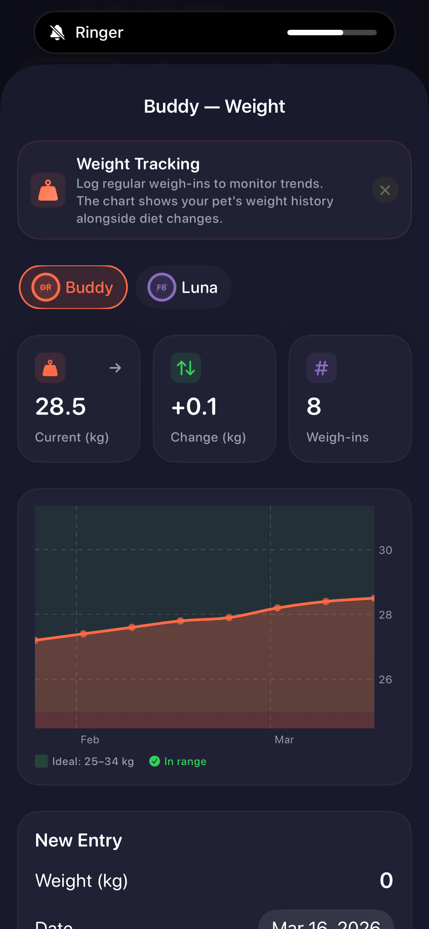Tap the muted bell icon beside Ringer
pyautogui.click(x=57, y=33)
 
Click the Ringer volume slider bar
pyautogui.click(x=331, y=33)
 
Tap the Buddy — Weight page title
pyautogui.click(x=214, y=106)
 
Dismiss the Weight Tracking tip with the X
pyautogui.click(x=385, y=190)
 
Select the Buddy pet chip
pyautogui.click(x=74, y=287)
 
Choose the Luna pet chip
pyautogui.click(x=184, y=287)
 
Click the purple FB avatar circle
pyautogui.click(x=162, y=287)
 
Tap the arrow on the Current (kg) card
pyautogui.click(x=115, y=368)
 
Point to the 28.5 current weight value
pyautogui.click(x=60, y=406)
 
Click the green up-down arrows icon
pyautogui.click(x=186, y=368)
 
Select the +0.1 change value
pyautogui.click(x=194, y=406)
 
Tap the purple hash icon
pyautogui.click(x=321, y=368)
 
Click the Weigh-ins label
pyautogui.click(x=337, y=437)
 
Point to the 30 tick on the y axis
pyautogui.click(x=385, y=550)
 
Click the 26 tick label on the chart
pyautogui.click(x=385, y=679)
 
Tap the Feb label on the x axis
pyautogui.click(x=90, y=740)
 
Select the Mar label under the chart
pyautogui.click(x=284, y=740)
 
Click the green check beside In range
pyautogui.click(x=155, y=761)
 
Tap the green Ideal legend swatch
pyautogui.click(x=41, y=761)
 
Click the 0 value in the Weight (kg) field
pyautogui.click(x=386, y=881)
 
